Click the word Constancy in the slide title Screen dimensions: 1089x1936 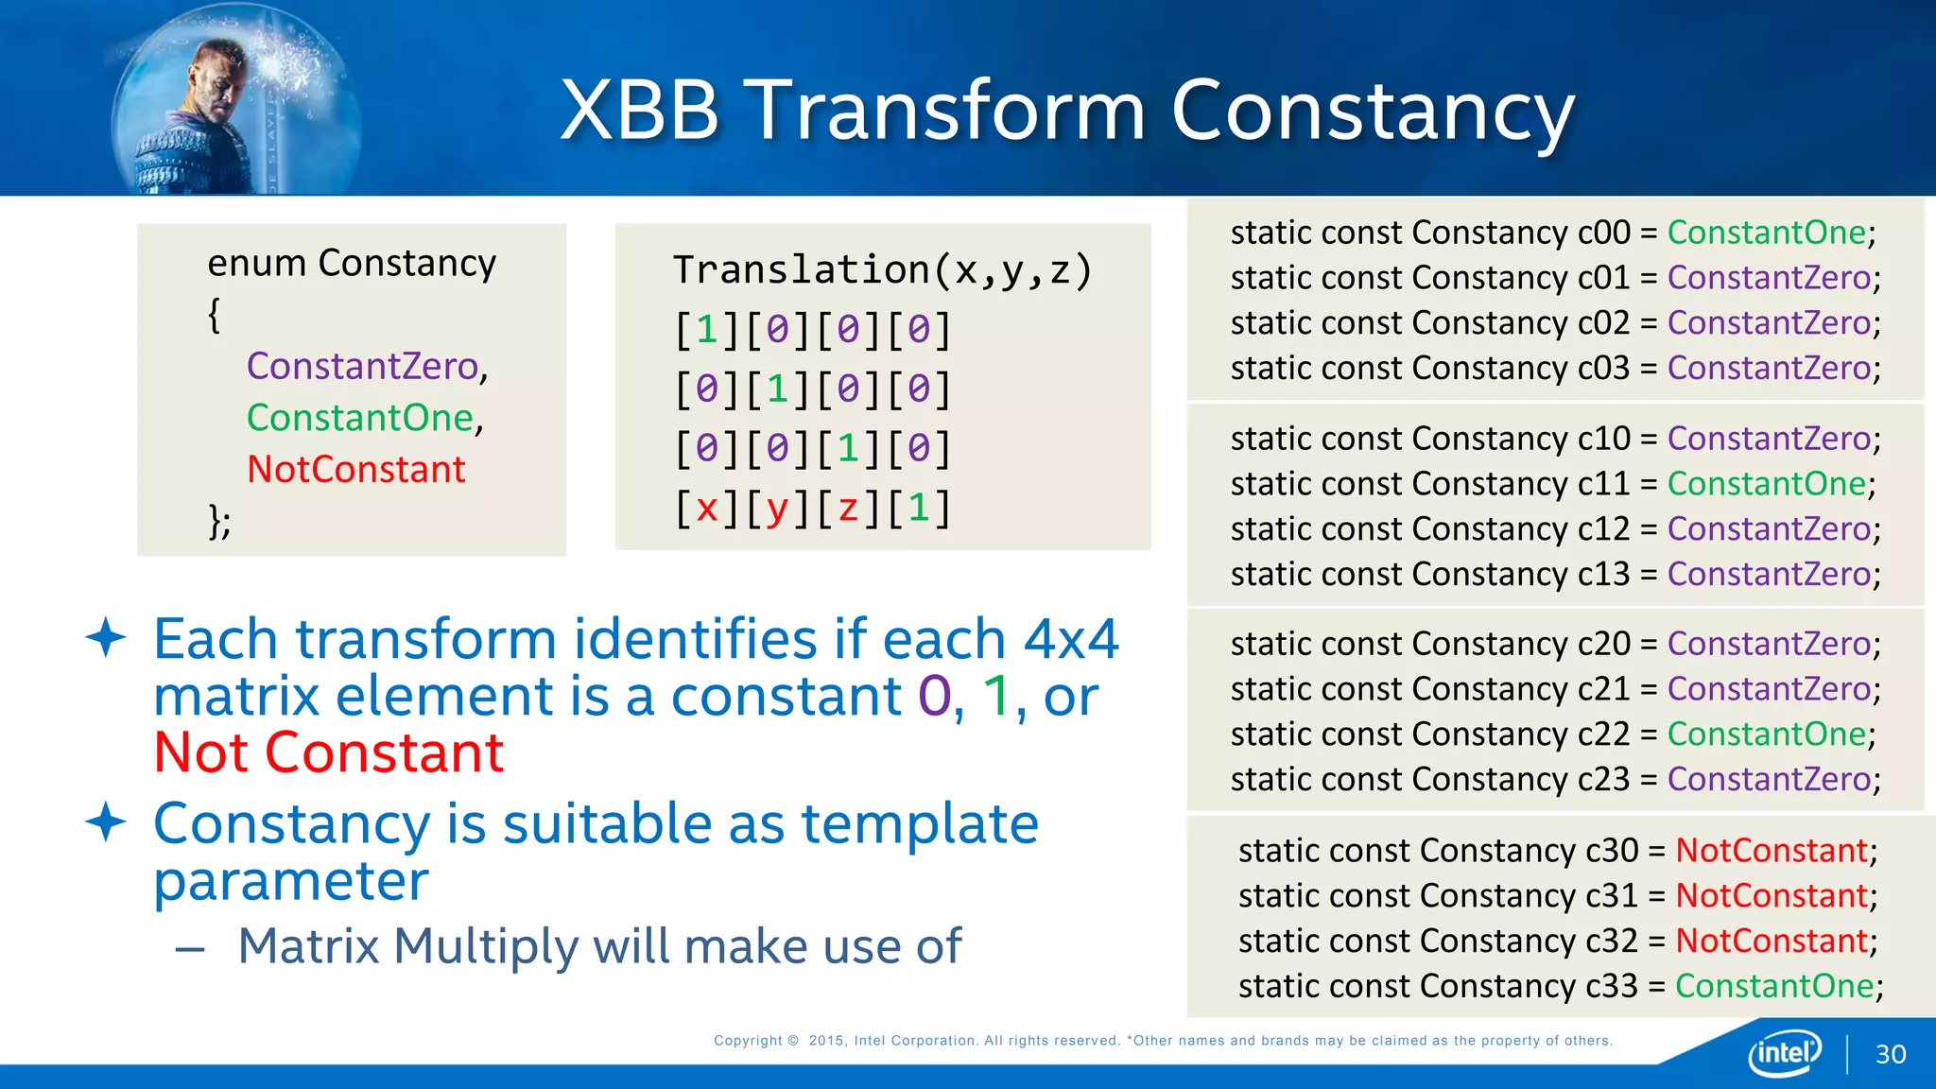tap(1373, 112)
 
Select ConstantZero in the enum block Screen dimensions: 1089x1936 tap(363, 366)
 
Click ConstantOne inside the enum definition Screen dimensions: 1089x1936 tap(360, 418)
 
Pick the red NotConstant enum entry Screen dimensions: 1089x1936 tap(356, 470)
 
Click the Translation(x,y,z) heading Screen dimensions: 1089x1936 tap(882, 270)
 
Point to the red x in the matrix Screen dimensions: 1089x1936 tap(706, 509)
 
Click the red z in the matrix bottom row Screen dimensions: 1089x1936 tap(848, 509)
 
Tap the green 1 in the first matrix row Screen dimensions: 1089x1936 tap(706, 330)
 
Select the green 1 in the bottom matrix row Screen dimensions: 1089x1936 tap(919, 509)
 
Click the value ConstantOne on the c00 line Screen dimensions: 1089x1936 tap(1766, 233)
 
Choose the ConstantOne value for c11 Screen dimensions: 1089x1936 tap(1766, 484)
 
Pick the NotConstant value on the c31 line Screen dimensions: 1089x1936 tap(1772, 896)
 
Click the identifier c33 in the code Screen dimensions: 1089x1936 tap(1611, 987)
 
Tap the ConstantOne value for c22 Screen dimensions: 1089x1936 tap(1766, 735)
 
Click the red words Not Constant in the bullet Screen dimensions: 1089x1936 tap(329, 753)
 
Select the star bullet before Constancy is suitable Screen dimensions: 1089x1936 tap(106, 822)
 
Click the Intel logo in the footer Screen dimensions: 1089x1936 tap(1785, 1052)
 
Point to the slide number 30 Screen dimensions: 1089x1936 tap(1891, 1055)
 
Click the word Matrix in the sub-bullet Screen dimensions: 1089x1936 tap(308, 946)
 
